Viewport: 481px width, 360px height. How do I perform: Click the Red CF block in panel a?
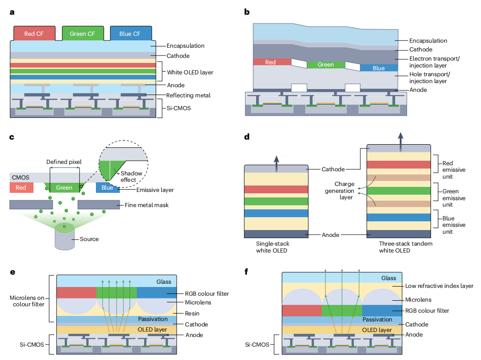point(34,34)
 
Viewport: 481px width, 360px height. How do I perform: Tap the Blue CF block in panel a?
point(131,34)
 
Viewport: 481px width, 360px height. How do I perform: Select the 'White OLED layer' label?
point(190,73)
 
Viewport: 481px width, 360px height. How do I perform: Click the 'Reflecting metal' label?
point(188,96)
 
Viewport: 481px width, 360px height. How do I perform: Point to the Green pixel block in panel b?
point(326,65)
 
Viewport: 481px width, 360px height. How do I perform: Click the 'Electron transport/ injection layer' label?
point(434,62)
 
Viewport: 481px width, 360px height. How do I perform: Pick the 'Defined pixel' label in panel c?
point(64,162)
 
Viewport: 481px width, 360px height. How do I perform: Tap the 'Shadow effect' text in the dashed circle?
point(131,176)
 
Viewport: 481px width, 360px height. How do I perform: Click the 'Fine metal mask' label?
point(146,205)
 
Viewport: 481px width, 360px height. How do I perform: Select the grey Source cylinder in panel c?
point(65,237)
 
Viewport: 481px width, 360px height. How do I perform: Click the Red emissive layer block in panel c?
point(21,187)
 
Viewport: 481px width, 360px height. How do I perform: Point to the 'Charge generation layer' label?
point(340,191)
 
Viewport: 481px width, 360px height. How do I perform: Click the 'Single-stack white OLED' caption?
point(273,247)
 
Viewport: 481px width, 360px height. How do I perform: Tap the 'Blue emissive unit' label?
point(454,225)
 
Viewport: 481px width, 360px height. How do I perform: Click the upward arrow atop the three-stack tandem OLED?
point(401,142)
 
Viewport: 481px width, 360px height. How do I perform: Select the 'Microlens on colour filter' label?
point(27,301)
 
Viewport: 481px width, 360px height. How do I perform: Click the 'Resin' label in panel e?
point(192,313)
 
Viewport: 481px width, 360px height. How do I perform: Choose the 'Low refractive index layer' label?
point(439,286)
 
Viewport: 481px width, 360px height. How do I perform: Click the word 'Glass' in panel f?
point(389,278)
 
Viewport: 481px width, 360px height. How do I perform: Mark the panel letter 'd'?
point(247,136)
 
